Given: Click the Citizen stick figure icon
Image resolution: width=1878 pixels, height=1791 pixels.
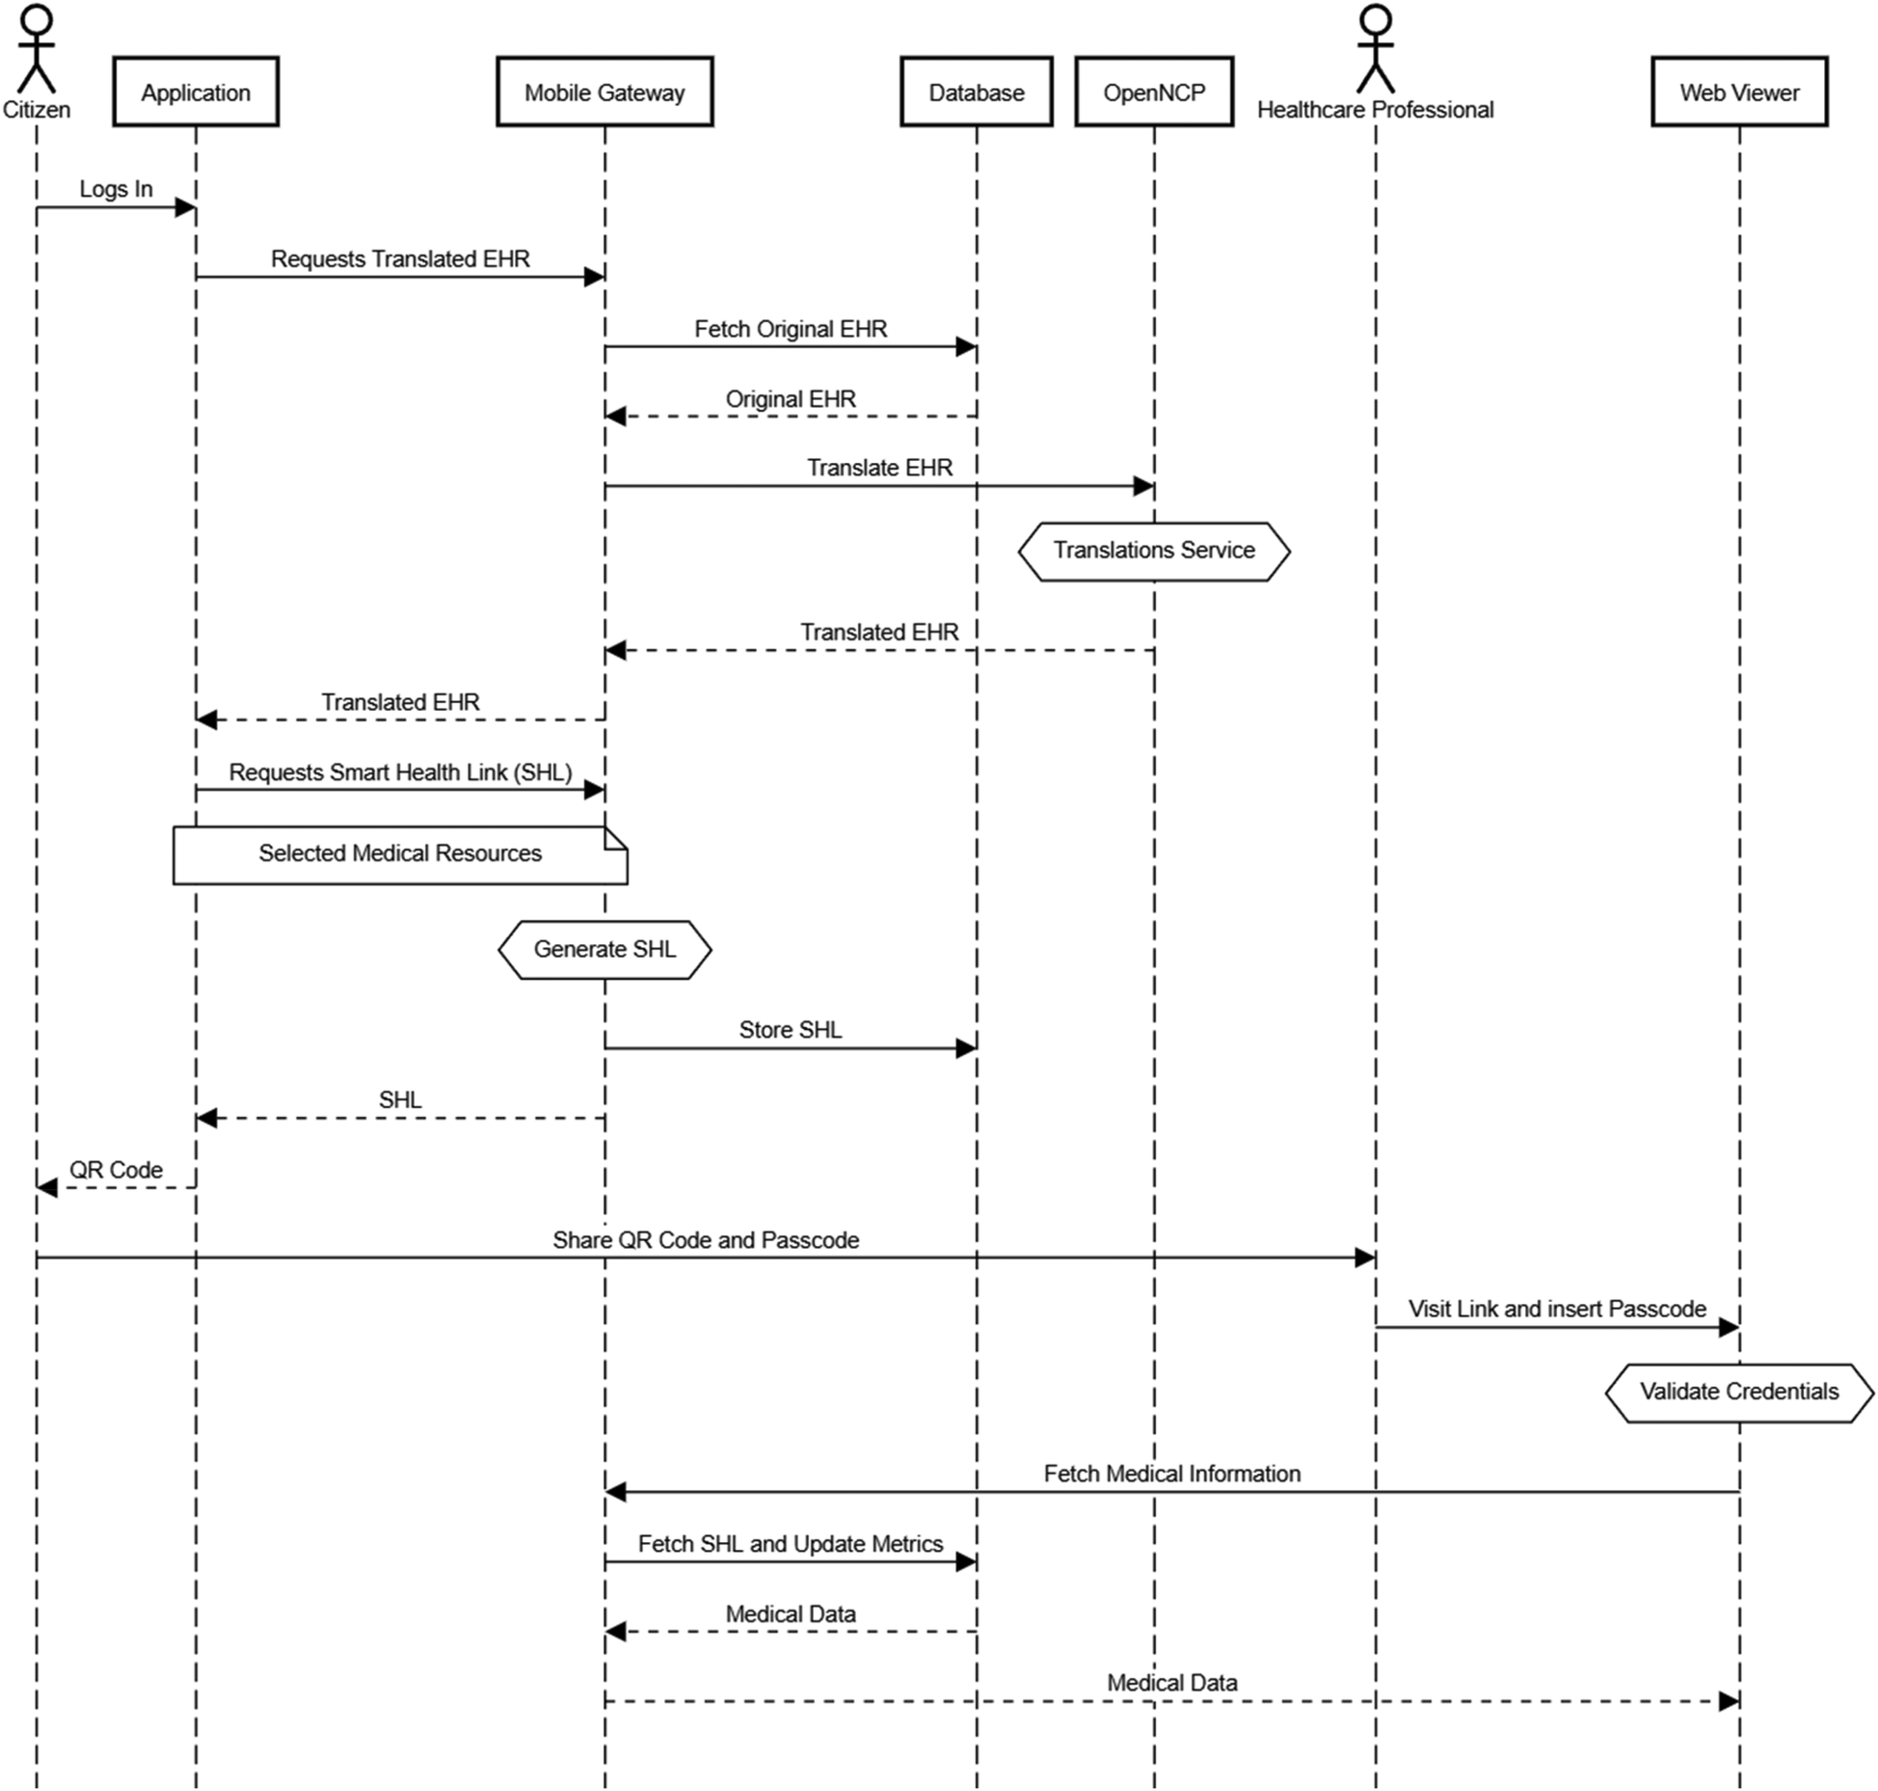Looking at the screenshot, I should [37, 48].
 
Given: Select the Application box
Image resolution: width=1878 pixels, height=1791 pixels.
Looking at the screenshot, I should [196, 92].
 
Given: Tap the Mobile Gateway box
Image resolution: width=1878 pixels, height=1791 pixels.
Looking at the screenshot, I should [604, 92].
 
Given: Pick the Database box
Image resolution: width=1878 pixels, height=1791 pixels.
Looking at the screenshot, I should [976, 92].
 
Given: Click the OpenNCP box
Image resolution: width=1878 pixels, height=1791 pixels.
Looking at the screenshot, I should [1154, 92].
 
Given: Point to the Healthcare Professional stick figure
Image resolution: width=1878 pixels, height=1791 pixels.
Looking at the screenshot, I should [1375, 48].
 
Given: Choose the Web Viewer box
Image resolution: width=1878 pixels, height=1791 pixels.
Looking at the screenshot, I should [1739, 92].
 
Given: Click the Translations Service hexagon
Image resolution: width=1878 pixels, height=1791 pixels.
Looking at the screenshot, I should [1154, 551].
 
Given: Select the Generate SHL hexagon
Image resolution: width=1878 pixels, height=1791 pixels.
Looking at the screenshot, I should [604, 950].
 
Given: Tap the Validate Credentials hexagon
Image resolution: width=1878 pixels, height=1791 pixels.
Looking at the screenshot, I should [1739, 1392].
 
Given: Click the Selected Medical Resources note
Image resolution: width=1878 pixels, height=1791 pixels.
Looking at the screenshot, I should [400, 855].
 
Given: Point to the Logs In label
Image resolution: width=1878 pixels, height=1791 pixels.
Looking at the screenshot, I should [116, 189].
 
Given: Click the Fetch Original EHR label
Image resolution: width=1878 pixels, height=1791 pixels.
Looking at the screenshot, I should [791, 329].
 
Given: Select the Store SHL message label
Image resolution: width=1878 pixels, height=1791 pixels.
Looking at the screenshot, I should [791, 1030].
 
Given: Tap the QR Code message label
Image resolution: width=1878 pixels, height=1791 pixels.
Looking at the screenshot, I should [116, 1170].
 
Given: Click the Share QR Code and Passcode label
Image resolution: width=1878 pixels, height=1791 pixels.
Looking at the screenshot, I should [706, 1240].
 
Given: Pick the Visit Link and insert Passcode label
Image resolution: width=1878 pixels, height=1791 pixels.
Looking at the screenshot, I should [1557, 1309].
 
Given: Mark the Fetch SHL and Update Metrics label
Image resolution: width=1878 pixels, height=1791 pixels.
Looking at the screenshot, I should [791, 1544].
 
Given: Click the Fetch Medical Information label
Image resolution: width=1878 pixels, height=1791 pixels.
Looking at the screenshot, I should [1171, 1474].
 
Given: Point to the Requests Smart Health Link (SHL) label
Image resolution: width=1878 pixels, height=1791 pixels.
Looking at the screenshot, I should [400, 773].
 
